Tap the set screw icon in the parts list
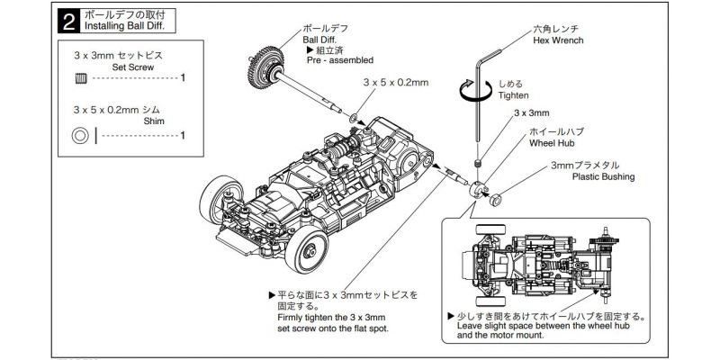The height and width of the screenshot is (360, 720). click(79, 78)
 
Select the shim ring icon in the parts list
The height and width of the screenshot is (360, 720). click(80, 136)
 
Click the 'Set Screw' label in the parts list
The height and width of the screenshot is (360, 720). click(132, 67)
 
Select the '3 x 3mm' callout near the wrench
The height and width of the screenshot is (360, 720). click(531, 113)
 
